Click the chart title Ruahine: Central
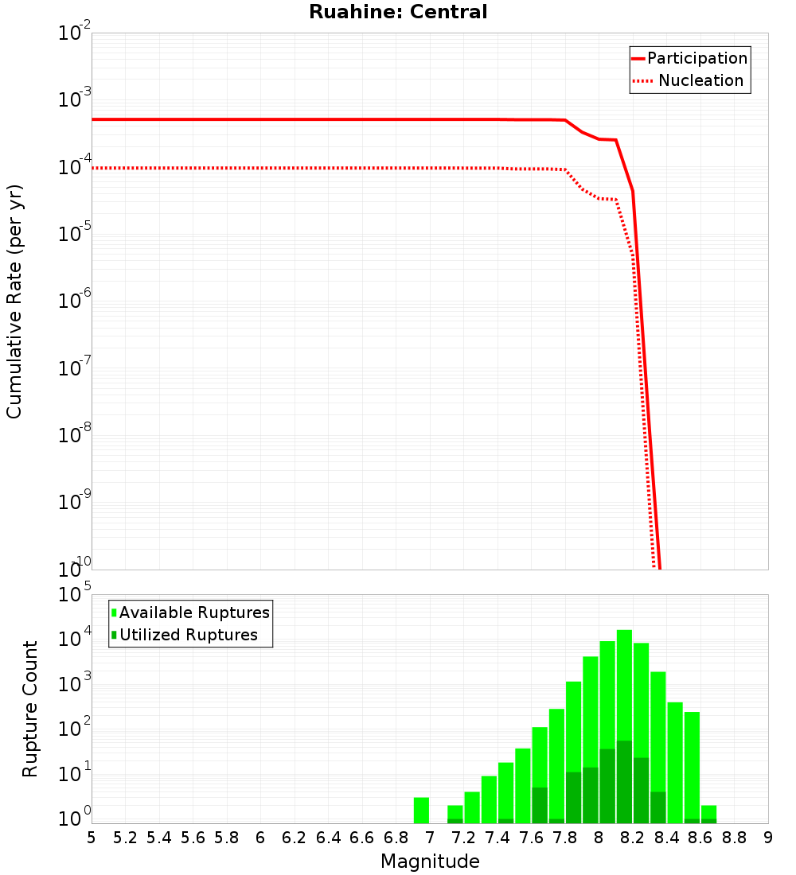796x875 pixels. (x=398, y=12)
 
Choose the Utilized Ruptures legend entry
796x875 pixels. (x=188, y=635)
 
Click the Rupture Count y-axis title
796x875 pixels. (x=30, y=709)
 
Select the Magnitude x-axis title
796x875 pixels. (x=430, y=861)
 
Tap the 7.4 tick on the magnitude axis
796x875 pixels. (x=497, y=838)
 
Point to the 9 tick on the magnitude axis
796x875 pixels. (x=768, y=838)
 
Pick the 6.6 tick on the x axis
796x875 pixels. (x=362, y=838)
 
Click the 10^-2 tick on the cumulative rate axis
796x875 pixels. (x=75, y=33)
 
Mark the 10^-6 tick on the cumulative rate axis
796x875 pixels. (x=75, y=301)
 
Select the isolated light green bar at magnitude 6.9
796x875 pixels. (x=422, y=810)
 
